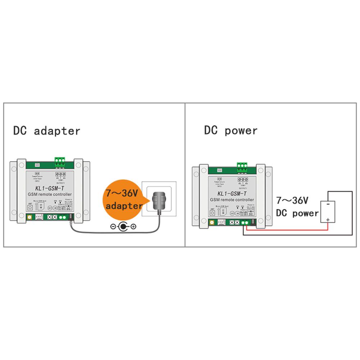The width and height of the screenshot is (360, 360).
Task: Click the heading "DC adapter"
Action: click(47, 131)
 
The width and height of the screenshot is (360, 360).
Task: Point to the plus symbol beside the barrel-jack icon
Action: click(133, 227)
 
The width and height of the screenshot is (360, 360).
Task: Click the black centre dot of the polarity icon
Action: click(123, 227)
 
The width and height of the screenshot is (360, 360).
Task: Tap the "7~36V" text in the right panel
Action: click(293, 201)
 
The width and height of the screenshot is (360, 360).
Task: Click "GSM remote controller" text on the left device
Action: click(50, 195)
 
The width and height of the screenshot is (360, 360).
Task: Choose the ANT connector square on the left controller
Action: click(30, 208)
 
